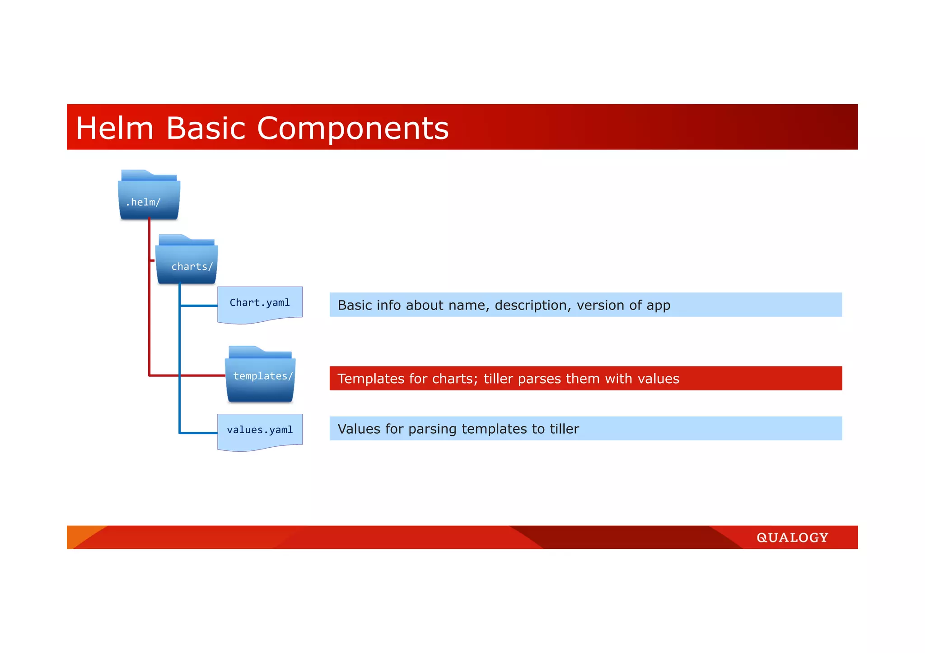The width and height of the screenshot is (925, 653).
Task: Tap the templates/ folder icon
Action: (x=260, y=375)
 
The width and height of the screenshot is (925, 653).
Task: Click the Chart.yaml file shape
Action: (x=260, y=303)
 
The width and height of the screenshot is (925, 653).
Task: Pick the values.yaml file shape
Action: (x=260, y=431)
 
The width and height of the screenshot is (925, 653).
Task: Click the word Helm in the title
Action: (x=115, y=128)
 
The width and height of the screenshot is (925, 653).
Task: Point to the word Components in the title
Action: (x=353, y=128)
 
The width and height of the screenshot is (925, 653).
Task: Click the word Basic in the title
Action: (x=206, y=128)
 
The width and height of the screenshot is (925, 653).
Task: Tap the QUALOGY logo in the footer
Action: (x=792, y=537)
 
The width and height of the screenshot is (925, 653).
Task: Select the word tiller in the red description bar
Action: (x=498, y=379)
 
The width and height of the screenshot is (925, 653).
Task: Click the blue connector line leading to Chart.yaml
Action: (x=199, y=306)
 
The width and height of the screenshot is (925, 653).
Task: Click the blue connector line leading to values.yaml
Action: (x=199, y=433)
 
